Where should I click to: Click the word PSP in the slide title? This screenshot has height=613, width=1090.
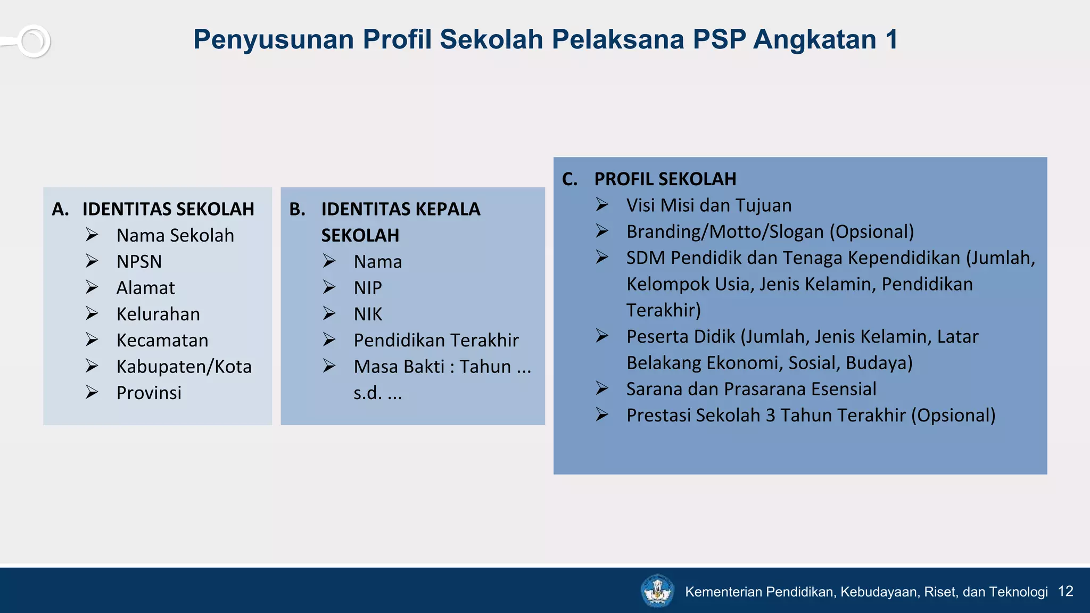pyautogui.click(x=719, y=40)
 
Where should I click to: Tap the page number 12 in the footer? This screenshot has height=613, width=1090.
pyautogui.click(x=1066, y=591)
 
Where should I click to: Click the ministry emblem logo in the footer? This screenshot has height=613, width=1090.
pyautogui.click(x=657, y=591)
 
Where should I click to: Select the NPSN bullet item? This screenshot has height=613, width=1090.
pyautogui.click(x=139, y=262)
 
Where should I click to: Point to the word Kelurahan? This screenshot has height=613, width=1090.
pyautogui.click(x=158, y=314)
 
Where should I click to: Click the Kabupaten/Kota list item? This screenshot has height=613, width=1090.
pyautogui.click(x=184, y=367)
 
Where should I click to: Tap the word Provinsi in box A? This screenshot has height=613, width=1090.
pyautogui.click(x=149, y=393)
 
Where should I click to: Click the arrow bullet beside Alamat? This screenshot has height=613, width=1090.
pyautogui.click(x=92, y=287)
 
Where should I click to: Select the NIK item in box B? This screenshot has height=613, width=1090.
pyautogui.click(x=368, y=314)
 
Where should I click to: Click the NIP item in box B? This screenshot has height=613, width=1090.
pyautogui.click(x=368, y=288)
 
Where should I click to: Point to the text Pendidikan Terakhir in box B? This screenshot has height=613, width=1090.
pyautogui.click(x=436, y=341)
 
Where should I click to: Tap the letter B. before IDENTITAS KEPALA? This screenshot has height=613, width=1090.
pyautogui.click(x=297, y=209)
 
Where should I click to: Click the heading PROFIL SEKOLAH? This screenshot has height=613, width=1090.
pyautogui.click(x=665, y=179)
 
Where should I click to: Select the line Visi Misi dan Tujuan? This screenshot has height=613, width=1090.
pyautogui.click(x=708, y=205)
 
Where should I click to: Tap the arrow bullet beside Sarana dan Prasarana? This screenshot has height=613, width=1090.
pyautogui.click(x=602, y=388)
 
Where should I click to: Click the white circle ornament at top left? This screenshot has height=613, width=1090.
pyautogui.click(x=34, y=41)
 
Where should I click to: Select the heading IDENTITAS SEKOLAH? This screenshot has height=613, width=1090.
pyautogui.click(x=168, y=209)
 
